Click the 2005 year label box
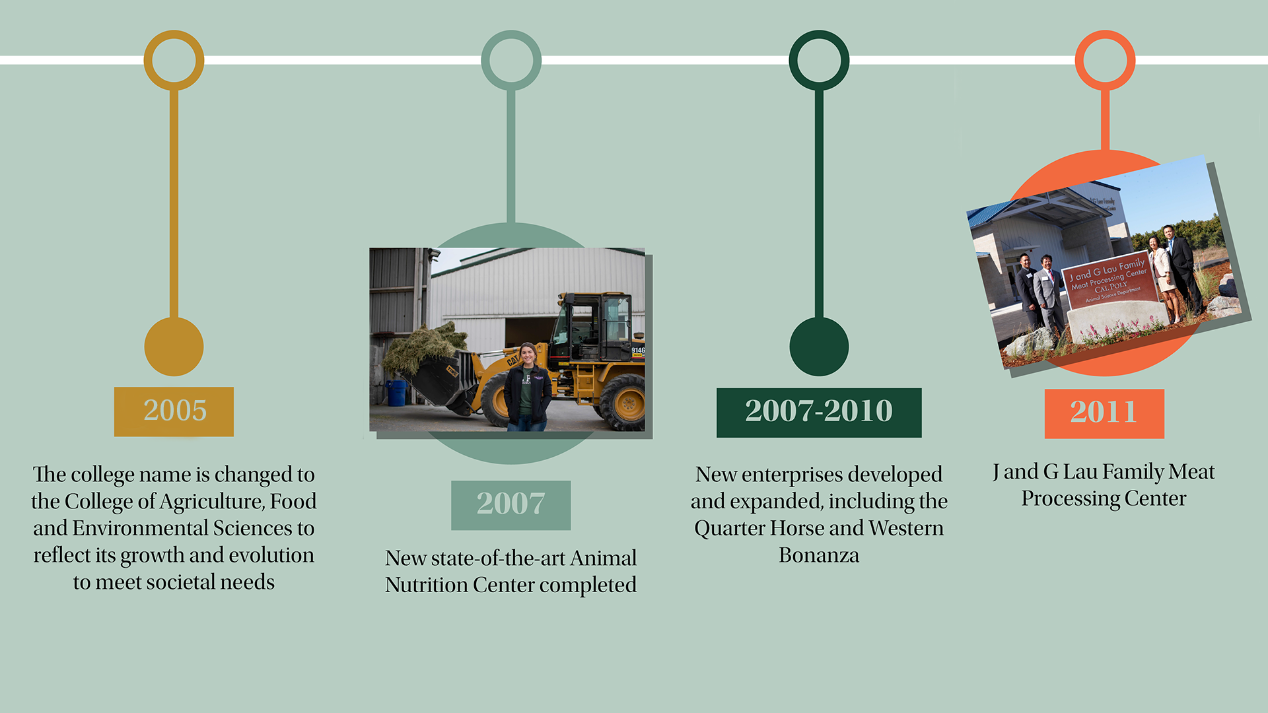point(174,411)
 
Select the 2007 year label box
point(511,505)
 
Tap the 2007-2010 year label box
point(819,413)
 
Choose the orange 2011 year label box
point(1104,414)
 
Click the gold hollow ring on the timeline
point(174,32)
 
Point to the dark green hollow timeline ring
point(819,32)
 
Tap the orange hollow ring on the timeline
point(1105,32)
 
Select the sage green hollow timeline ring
point(511,32)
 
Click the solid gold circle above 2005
point(174,347)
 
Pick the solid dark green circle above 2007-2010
point(819,347)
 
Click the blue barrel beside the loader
point(396,393)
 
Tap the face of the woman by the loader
point(528,355)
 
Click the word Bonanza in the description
point(819,555)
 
